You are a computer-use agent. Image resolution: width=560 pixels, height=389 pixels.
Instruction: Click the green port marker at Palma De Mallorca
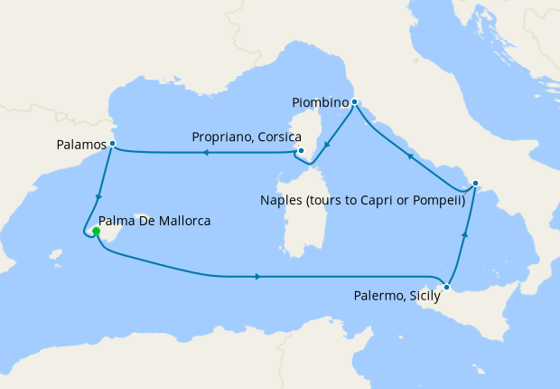point(96,232)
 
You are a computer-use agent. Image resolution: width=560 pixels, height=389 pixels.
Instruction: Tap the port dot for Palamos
point(112,143)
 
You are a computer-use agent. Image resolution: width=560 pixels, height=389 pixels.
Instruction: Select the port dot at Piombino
point(355,101)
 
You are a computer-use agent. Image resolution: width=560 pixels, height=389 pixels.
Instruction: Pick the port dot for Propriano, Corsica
point(302,151)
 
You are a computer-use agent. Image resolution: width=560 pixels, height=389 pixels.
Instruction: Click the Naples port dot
point(475,184)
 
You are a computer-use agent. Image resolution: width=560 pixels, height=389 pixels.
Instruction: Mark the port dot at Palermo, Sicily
point(446,288)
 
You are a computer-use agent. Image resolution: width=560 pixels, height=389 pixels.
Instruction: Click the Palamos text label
point(77,143)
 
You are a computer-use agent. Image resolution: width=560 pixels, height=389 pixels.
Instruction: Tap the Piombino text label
point(320,102)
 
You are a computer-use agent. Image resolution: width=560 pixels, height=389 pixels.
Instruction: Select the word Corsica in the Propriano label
point(264,137)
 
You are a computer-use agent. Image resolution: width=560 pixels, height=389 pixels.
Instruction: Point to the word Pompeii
point(438,201)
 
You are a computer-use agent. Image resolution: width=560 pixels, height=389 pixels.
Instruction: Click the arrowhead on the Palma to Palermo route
point(260,276)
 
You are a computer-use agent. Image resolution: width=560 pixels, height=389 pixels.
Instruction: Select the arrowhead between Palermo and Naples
point(466,233)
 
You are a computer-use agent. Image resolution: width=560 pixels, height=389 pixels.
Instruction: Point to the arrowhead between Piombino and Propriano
point(327,142)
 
